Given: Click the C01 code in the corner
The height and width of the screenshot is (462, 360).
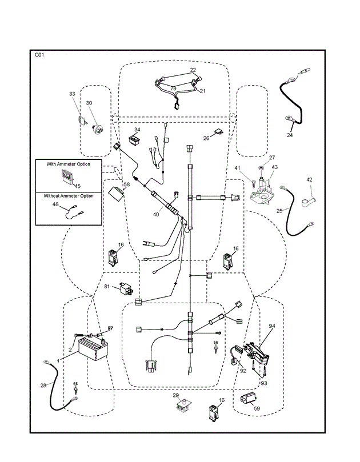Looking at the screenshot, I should (x=39, y=55).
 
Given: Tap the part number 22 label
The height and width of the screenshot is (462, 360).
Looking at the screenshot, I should (x=193, y=70).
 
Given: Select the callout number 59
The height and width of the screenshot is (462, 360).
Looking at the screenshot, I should (x=256, y=408).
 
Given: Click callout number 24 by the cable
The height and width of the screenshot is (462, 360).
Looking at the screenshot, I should (x=289, y=135).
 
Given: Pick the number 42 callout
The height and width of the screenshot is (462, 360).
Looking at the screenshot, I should (x=309, y=179).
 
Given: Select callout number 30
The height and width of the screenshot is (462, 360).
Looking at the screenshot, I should (x=89, y=103).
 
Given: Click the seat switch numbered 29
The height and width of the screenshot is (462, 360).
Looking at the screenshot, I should (x=184, y=406).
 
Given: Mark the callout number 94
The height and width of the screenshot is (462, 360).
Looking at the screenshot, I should (x=272, y=326).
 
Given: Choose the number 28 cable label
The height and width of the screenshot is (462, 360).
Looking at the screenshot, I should (x=43, y=385).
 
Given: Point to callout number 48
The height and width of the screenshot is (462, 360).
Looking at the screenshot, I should (x=55, y=204).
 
